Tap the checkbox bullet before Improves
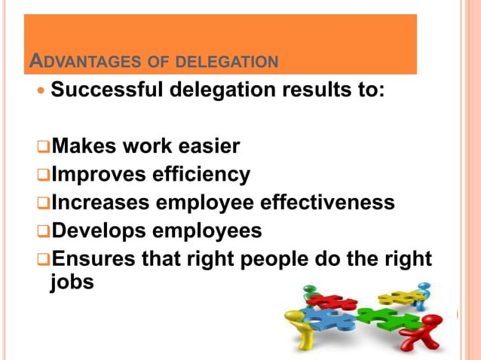click(x=43, y=175)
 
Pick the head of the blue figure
click(x=425, y=287)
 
